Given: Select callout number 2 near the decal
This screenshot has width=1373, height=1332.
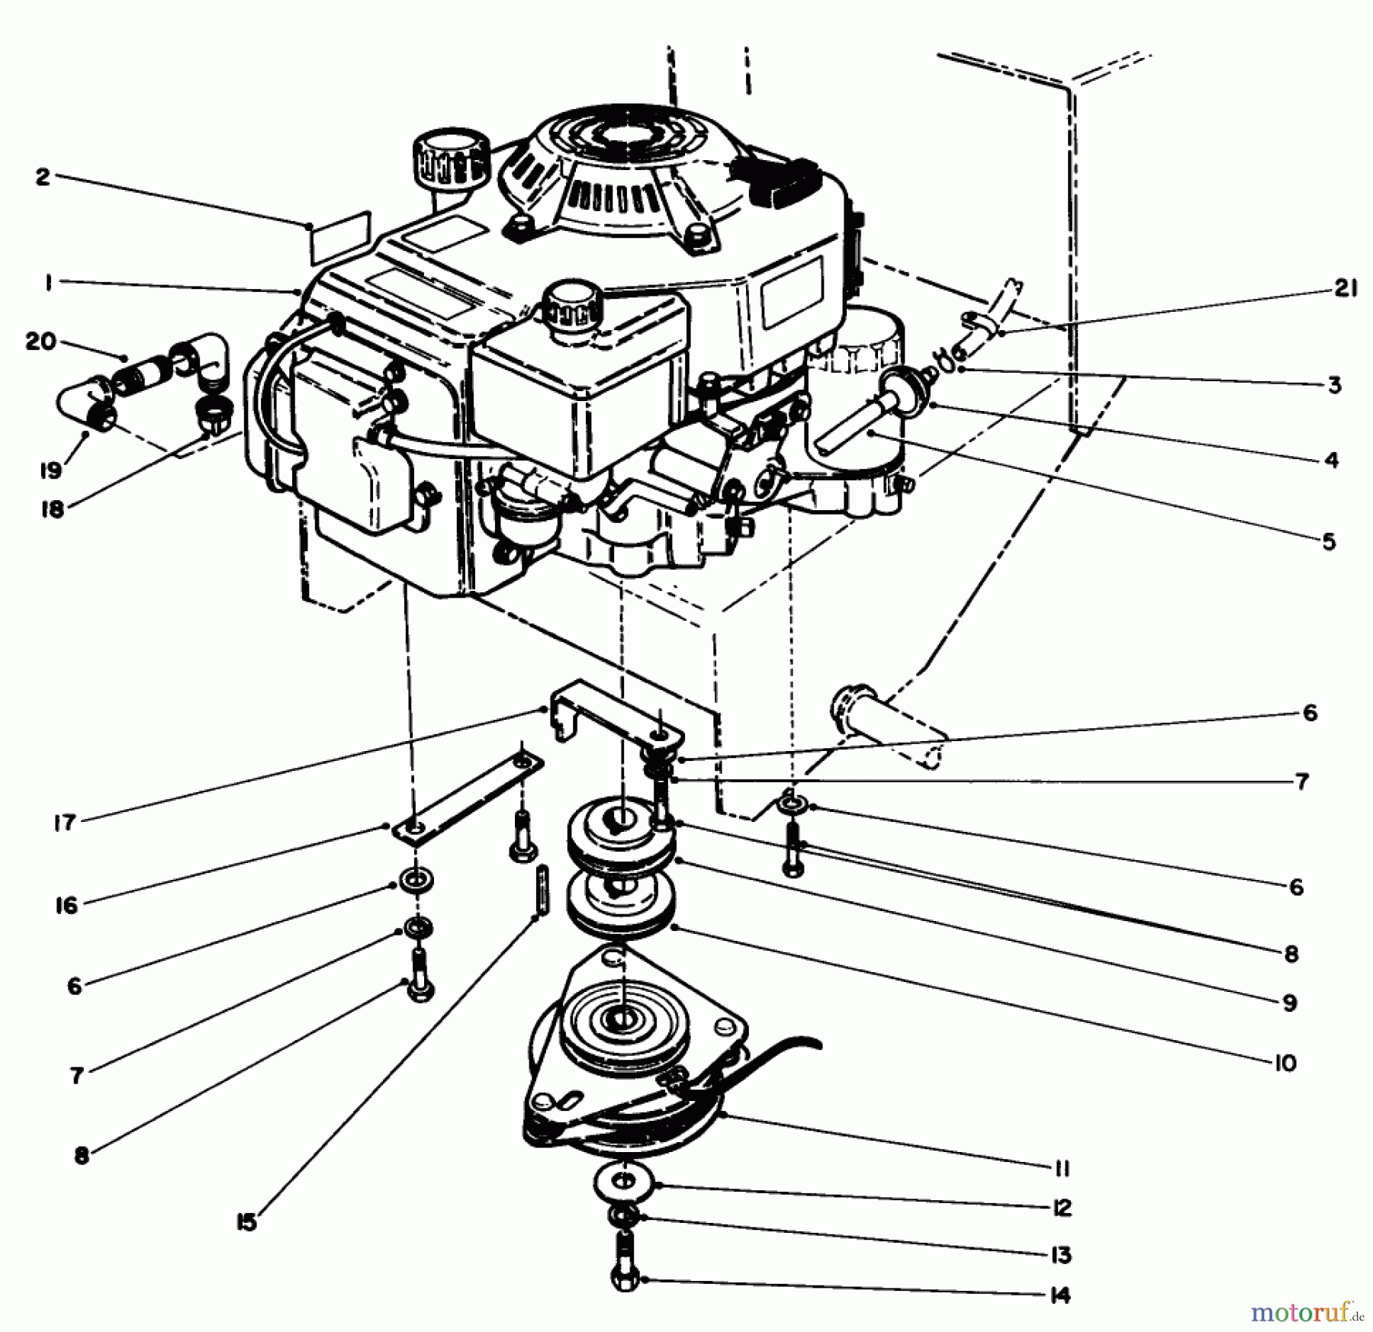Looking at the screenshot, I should coord(43,177).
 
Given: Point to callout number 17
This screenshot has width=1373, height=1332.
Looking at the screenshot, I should coord(65,822).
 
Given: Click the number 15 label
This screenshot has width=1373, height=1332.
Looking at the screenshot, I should coord(246,1223).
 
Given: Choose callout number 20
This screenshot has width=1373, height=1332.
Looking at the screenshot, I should coord(41,342).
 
